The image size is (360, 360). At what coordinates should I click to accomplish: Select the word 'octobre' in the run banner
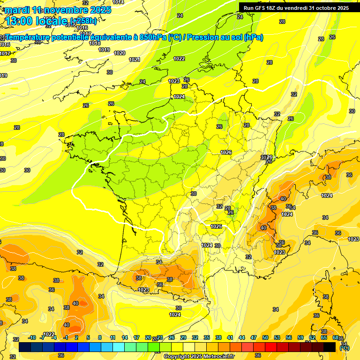[x=328, y=8]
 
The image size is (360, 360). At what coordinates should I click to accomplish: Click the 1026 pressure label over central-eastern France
[x=226, y=152]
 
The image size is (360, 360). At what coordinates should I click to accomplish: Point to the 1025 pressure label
[x=216, y=226]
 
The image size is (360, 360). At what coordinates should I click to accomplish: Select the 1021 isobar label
[x=135, y=60]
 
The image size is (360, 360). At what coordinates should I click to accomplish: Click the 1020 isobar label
[x=120, y=53]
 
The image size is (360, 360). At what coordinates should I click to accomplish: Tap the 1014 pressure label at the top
[x=118, y=2]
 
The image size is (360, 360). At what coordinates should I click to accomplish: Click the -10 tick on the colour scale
[x=32, y=337]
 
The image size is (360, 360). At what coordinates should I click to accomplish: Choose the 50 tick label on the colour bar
[x=265, y=337]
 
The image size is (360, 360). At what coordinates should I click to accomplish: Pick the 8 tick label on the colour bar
[x=100, y=337]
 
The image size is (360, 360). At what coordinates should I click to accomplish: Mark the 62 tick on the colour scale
[x=312, y=337]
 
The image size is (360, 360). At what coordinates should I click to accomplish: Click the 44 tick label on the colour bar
[x=242, y=337]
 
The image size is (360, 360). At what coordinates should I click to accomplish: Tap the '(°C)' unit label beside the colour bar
[x=345, y=348]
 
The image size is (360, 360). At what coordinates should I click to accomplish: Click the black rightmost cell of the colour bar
[x=330, y=347]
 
